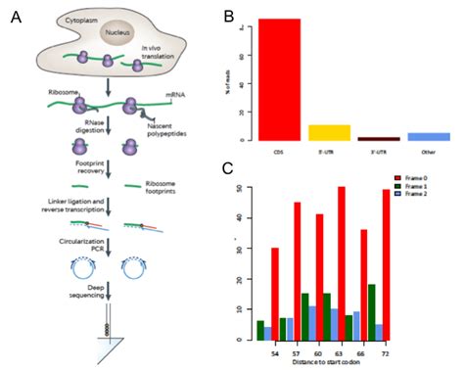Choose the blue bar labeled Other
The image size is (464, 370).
pyautogui.click(x=428, y=137)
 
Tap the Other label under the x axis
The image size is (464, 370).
pyautogui.click(x=428, y=152)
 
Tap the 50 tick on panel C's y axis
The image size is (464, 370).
pyautogui.click(x=240, y=188)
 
